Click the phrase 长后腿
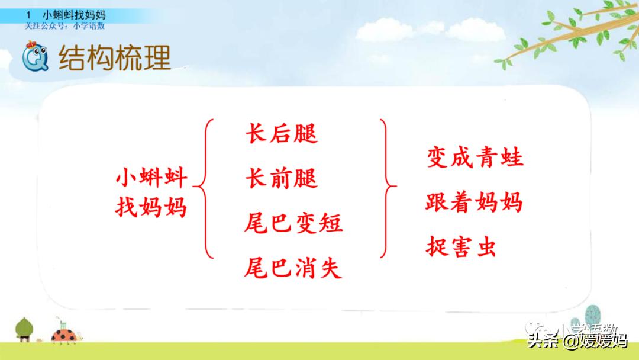point(281,134)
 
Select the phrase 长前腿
point(281,178)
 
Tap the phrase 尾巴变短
point(293,223)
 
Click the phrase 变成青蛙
point(475,158)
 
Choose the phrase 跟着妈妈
point(474,202)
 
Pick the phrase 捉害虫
point(460,247)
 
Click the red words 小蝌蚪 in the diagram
point(151,177)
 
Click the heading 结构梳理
point(114,57)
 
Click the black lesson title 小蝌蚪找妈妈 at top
point(74,15)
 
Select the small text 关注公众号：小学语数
point(65,26)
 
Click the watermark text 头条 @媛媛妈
point(577,340)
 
